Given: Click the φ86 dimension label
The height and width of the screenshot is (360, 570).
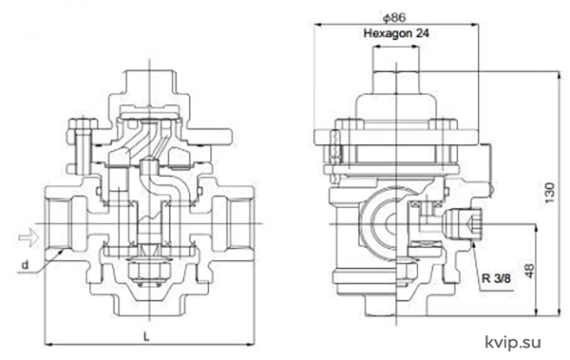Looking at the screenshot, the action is [x=394, y=17].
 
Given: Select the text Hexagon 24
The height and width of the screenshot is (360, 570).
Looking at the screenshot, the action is [x=396, y=33].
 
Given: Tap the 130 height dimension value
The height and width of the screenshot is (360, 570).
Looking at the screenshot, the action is [x=550, y=193].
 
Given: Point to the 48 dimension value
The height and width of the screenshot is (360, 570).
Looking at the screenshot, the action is [x=530, y=270].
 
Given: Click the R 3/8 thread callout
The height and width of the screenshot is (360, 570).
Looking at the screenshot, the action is [x=496, y=278].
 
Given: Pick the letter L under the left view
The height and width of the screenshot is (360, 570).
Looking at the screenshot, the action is [x=146, y=336].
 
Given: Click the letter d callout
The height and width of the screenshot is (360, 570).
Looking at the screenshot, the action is [x=25, y=265].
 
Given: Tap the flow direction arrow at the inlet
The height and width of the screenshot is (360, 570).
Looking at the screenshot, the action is [x=28, y=237].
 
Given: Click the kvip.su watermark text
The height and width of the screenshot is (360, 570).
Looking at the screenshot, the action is [x=513, y=342].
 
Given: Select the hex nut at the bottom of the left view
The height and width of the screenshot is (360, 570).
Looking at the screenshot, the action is [x=149, y=271].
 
